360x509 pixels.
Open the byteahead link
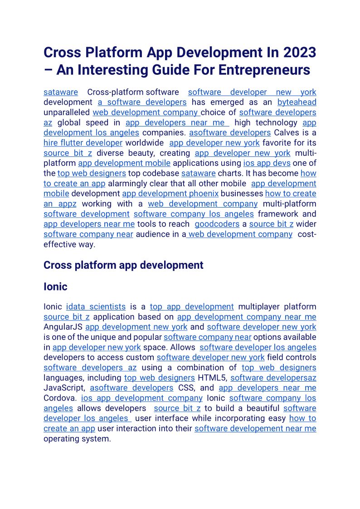(x=297, y=102)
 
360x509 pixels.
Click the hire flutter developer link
(x=83, y=143)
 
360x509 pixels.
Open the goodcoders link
(x=217, y=224)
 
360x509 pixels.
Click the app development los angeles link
(x=91, y=133)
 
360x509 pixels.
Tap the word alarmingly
(x=128, y=184)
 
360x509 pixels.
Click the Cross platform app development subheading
(x=123, y=265)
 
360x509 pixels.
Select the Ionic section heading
(x=55, y=287)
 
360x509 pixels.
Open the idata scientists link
(x=96, y=307)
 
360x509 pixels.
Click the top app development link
(x=192, y=307)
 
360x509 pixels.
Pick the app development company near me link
(x=247, y=317)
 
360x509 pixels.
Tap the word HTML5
(x=212, y=378)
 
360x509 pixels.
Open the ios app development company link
(x=141, y=398)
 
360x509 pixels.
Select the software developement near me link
(x=255, y=428)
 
